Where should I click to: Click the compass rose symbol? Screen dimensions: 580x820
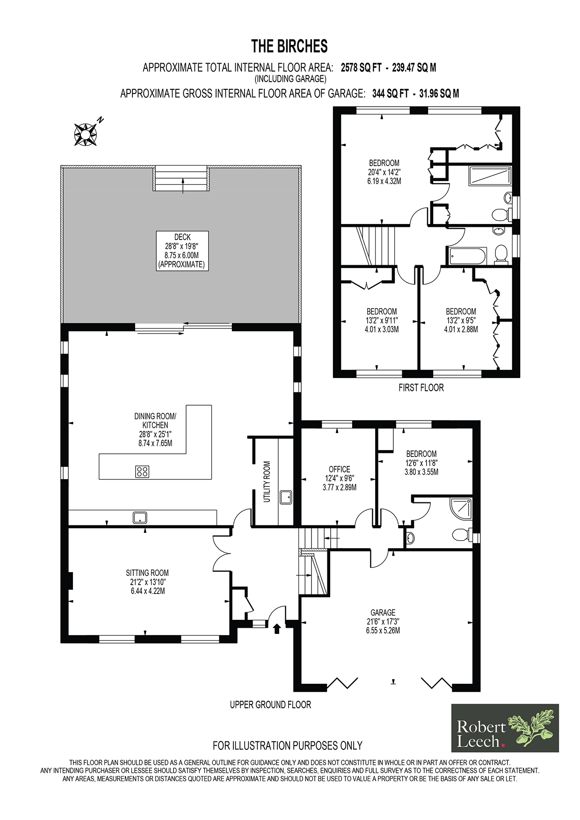[x=86, y=134]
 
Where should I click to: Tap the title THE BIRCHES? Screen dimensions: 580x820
[x=290, y=46]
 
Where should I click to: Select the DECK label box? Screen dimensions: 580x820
[x=182, y=251]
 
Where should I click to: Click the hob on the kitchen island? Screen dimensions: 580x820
[x=142, y=472]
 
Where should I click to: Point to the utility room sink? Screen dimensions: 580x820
[x=286, y=497]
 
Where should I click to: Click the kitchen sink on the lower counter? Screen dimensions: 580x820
[x=140, y=517]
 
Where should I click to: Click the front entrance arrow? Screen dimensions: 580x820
[x=276, y=628]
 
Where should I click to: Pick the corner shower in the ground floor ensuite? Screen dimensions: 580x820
[x=461, y=509]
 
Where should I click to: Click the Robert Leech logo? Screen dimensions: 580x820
[x=505, y=728]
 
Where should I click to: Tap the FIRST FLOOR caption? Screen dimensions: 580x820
[x=421, y=388]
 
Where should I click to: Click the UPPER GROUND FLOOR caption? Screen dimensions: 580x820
[x=270, y=704]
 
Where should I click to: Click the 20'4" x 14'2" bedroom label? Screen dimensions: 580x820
[x=384, y=172]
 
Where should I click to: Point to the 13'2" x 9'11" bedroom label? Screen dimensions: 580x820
[x=382, y=320]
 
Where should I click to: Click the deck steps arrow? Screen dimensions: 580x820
[x=183, y=186]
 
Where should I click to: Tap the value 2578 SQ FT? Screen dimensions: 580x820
[x=361, y=67]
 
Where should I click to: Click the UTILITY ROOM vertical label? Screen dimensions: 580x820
[x=267, y=482]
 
